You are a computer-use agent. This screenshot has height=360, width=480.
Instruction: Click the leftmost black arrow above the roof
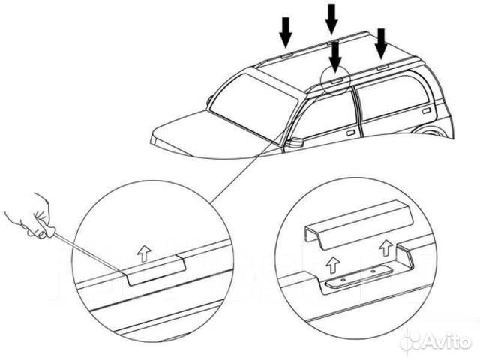pyautogui.click(x=285, y=31)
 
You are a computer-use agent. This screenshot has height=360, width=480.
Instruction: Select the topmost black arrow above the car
pyautogui.click(x=331, y=16)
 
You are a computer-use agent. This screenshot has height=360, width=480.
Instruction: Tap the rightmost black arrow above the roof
pyautogui.click(x=382, y=42)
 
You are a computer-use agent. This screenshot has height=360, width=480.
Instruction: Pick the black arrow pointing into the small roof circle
pyautogui.click(x=335, y=55)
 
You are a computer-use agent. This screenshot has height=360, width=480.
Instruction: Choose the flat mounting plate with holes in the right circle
pyautogui.click(x=352, y=277)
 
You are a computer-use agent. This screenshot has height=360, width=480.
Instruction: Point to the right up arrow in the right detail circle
pyautogui.click(x=386, y=245)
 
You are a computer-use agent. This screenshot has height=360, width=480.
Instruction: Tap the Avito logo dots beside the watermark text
pyautogui.click(x=412, y=342)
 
